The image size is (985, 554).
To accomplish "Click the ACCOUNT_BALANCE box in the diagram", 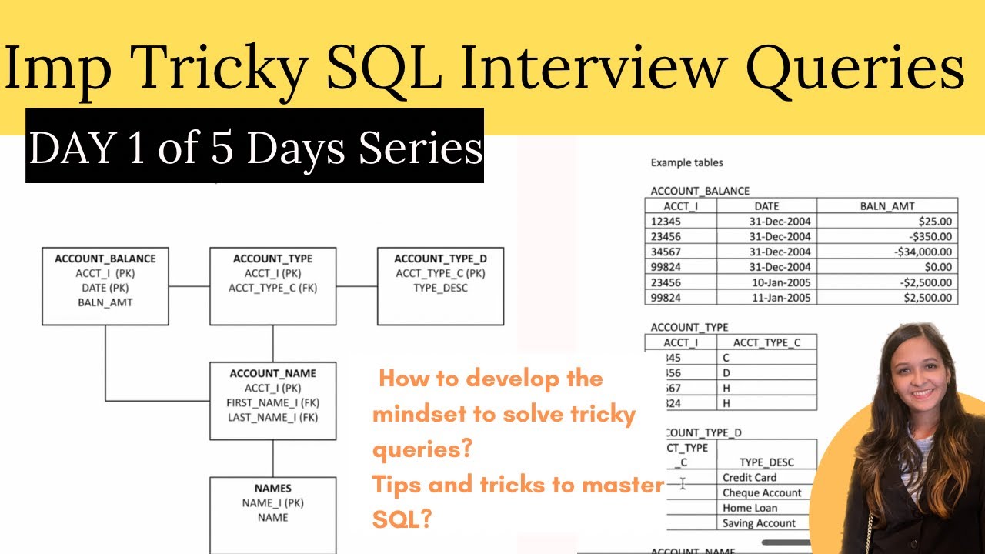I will pos(105,286).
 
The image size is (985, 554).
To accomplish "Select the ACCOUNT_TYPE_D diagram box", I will pos(440,286).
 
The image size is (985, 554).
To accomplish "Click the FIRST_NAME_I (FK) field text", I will pos(272,402).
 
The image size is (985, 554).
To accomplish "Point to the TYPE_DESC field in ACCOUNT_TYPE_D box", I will pos(440,288).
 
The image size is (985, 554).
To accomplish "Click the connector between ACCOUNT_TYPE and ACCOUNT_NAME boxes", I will pos(272,343).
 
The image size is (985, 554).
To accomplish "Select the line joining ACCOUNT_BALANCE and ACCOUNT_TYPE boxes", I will pos(189,286).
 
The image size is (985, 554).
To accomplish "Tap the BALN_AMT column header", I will pos(886,206).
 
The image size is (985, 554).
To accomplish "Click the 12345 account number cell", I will pos(680,222).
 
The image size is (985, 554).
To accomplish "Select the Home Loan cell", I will pos(750,508).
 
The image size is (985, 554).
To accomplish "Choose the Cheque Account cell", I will pos(761,492).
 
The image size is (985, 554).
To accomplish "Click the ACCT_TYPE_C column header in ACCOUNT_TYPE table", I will pos(766,342).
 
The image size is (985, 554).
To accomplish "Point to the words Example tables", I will pos(686,162).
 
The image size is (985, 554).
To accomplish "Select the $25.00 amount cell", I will pos(886,222).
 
